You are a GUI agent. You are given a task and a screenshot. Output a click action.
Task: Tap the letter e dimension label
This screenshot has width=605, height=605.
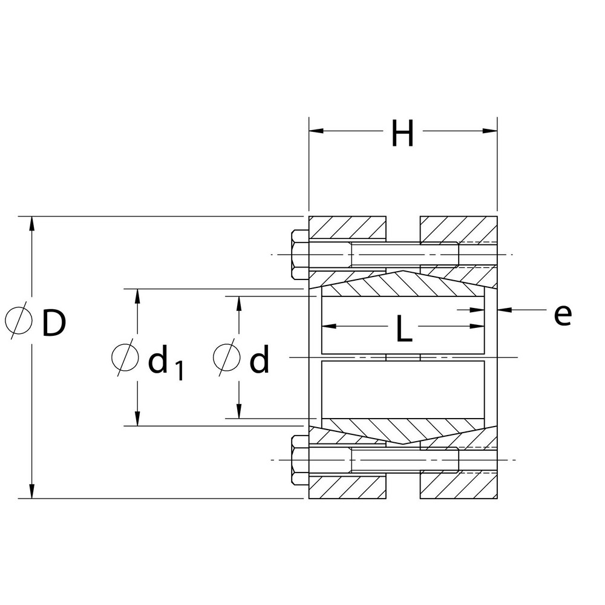coord(562,315)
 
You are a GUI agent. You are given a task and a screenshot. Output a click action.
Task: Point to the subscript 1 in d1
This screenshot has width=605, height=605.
coord(178,370)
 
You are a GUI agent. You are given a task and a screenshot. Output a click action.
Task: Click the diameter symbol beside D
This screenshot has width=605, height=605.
coord(18,321)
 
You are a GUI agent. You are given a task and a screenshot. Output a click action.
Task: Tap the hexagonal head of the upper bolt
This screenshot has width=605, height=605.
coord(300,254)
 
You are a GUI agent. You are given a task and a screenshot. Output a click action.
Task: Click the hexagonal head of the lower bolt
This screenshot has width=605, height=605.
coord(300,460)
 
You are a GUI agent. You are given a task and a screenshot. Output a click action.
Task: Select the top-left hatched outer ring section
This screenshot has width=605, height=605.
coord(348,228)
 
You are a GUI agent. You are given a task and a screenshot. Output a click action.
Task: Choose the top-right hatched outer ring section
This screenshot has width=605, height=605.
coord(459,228)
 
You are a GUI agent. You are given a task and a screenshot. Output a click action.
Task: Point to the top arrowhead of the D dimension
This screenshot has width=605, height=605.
coord(32,223)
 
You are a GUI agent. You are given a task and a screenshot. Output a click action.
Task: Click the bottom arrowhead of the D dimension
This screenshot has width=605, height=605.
coord(32,491)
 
